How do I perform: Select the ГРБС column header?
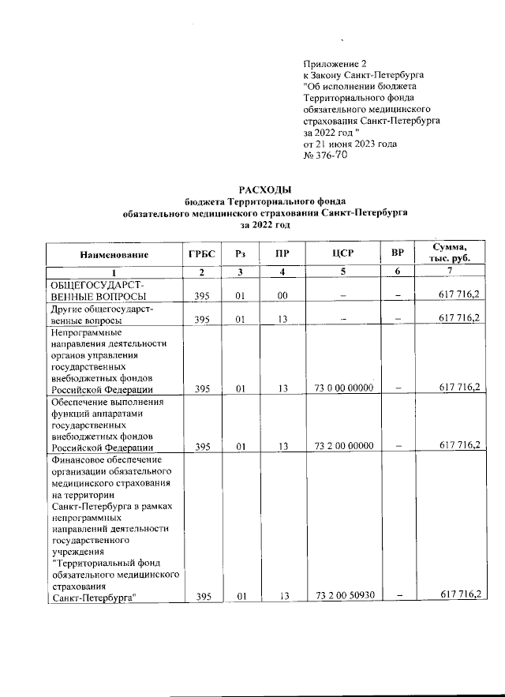(x=201, y=254)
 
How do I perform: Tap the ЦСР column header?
(x=342, y=254)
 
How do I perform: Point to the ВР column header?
(x=398, y=254)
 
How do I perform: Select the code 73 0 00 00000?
(x=343, y=388)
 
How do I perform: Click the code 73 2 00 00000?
(x=343, y=445)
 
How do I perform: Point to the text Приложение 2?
(x=335, y=62)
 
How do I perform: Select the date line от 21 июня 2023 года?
(x=350, y=144)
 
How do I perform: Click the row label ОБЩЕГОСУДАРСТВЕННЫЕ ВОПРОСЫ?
(x=99, y=290)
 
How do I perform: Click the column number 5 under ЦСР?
(x=342, y=272)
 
